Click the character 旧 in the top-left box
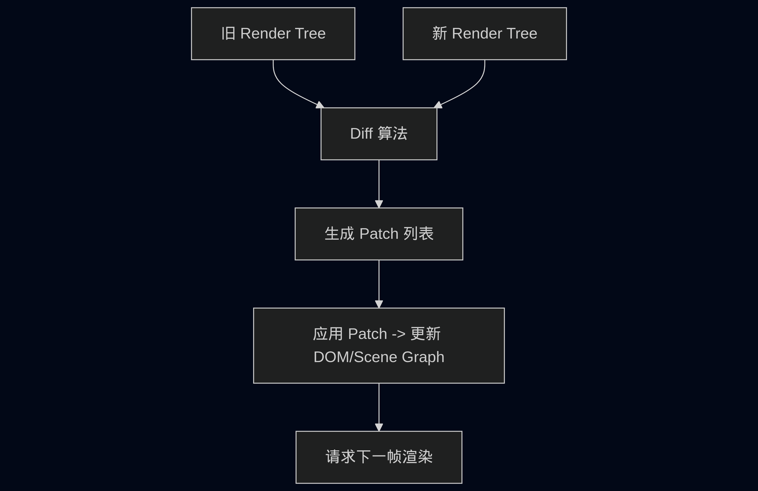tap(228, 33)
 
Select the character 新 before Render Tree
tap(439, 33)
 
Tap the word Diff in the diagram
tap(361, 133)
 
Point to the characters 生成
tap(339, 234)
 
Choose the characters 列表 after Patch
tap(418, 234)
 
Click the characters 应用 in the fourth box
tap(328, 334)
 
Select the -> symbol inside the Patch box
tap(399, 334)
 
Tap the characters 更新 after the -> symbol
tap(426, 334)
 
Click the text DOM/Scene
tap(355, 357)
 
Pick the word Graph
tap(423, 357)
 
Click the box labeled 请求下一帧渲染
tap(379, 457)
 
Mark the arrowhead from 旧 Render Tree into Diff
tap(320, 105)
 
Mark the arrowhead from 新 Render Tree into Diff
tap(438, 105)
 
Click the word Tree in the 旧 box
tap(311, 33)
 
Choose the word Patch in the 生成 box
tap(379, 234)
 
